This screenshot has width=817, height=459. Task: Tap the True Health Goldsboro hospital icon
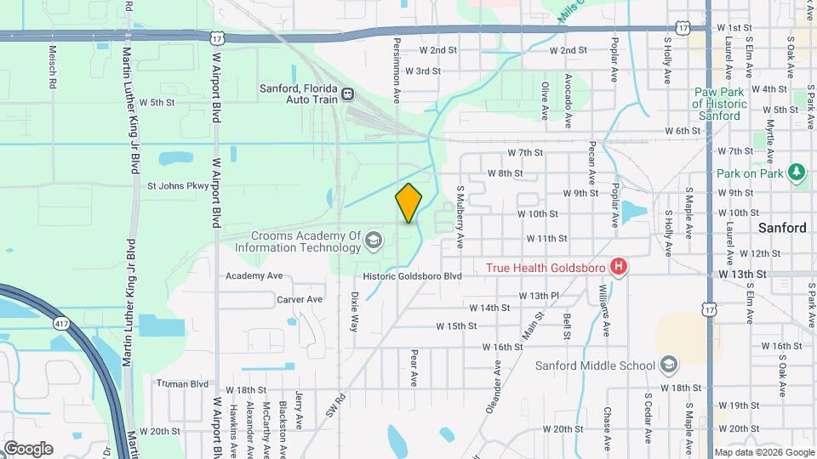tap(620, 268)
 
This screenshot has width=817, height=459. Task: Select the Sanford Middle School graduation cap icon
tap(669, 365)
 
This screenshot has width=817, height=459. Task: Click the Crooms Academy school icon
tap(372, 241)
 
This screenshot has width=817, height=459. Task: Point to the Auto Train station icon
tap(348, 93)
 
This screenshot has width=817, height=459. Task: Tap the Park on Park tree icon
tap(797, 173)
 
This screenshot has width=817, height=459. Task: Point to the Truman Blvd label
tap(182, 383)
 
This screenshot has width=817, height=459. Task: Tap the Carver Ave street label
tap(300, 299)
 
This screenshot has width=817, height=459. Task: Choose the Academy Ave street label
tap(254, 276)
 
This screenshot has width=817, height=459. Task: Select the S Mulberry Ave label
tap(460, 217)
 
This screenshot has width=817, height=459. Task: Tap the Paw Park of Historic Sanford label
tap(720, 103)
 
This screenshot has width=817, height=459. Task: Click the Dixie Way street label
tap(354, 311)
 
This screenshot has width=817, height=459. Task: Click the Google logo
tap(28, 448)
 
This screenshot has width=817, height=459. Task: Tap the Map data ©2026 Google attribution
tap(763, 452)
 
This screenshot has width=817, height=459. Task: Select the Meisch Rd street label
tap(52, 66)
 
